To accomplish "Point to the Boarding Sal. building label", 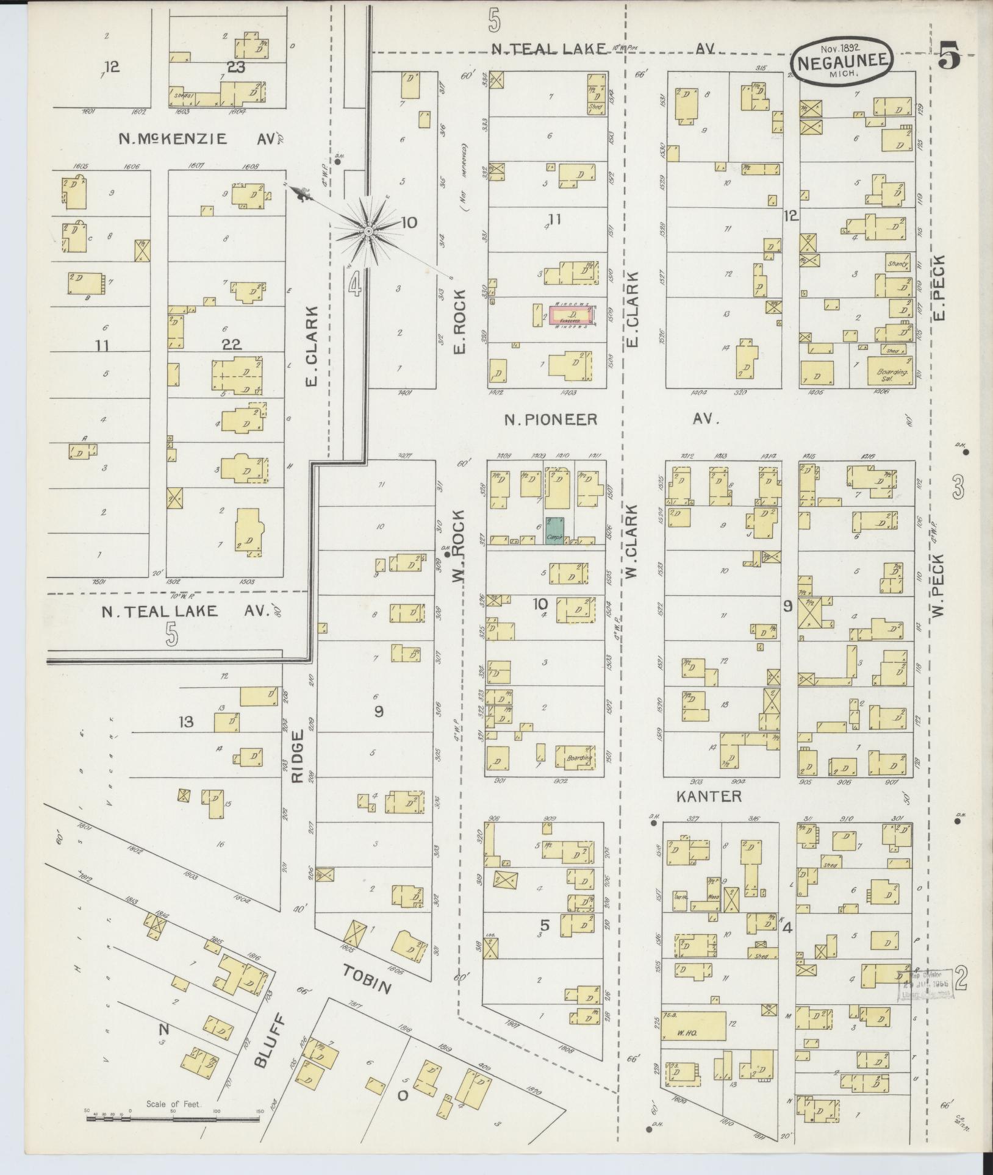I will pos(888,374).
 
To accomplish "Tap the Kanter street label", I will pos(709,796).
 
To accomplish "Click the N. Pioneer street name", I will pos(550,420).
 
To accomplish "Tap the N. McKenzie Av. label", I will pos(172,138).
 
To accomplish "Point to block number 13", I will pos(186,722).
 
